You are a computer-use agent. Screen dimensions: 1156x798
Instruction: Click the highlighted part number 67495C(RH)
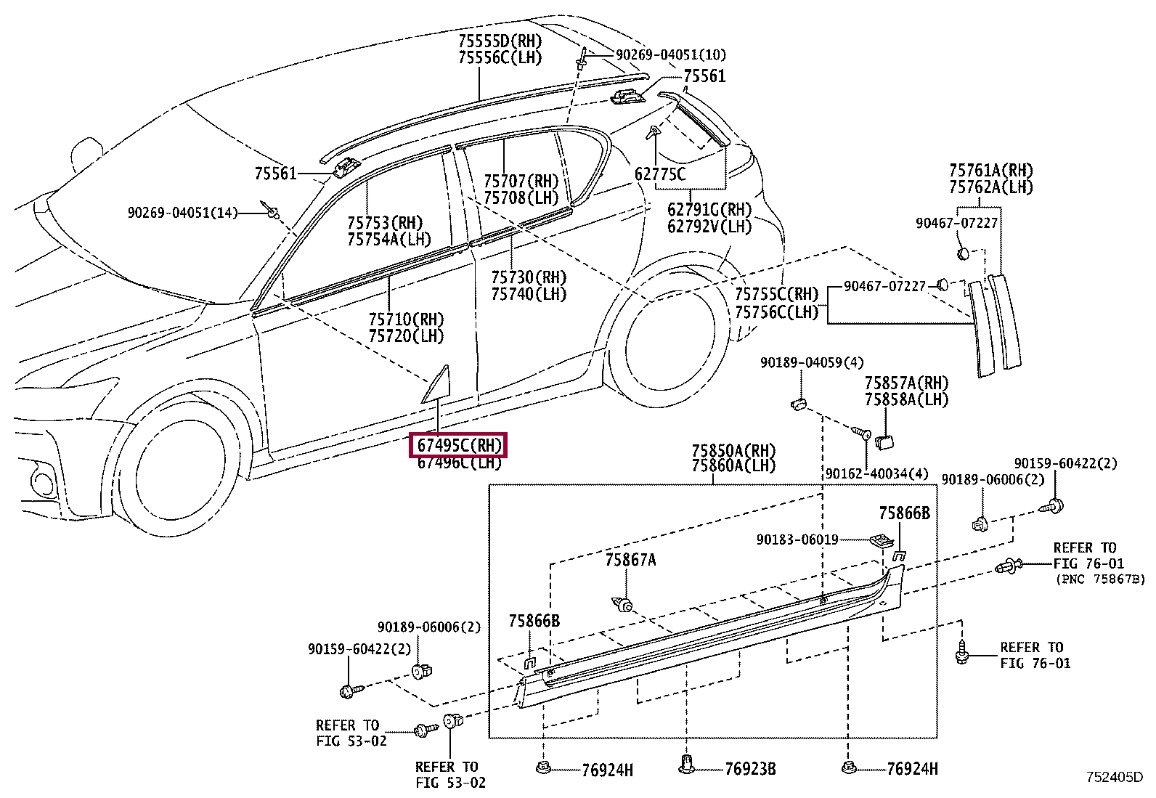point(459,445)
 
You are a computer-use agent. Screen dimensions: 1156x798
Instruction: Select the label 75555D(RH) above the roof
point(500,41)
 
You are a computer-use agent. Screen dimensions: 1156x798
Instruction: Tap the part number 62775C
point(660,174)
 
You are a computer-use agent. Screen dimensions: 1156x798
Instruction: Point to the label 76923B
point(750,769)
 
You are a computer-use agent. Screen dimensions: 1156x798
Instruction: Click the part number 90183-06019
point(797,540)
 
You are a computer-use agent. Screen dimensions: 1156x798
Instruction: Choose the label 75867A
point(630,560)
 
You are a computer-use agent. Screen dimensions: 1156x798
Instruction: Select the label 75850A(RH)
point(733,451)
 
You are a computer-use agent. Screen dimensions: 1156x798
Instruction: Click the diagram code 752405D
point(1114,778)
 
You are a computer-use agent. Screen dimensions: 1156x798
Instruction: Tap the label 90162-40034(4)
point(877,473)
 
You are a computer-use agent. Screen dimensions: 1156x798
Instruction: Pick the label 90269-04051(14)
point(183,213)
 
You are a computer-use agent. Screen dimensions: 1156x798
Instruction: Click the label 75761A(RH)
point(991,171)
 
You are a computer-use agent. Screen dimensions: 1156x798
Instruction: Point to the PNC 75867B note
point(1100,579)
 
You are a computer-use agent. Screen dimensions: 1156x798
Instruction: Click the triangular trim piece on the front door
point(438,386)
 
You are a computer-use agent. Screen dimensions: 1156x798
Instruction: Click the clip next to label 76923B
point(686,765)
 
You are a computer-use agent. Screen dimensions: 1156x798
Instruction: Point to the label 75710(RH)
point(406,319)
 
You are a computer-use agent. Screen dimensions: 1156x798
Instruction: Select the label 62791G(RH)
point(709,210)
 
